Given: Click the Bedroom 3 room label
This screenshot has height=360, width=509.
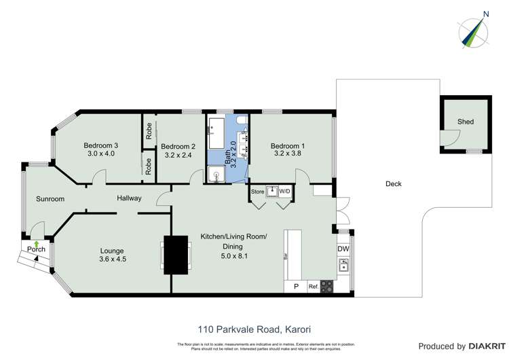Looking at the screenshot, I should (101, 145).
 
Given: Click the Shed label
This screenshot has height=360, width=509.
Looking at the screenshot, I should (465, 122).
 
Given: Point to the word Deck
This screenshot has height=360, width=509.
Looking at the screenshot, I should (394, 184).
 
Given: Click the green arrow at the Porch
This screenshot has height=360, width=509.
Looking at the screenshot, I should (35, 243).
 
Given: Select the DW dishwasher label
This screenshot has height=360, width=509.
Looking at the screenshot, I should (343, 249).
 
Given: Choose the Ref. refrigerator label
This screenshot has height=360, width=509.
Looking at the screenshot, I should (314, 287).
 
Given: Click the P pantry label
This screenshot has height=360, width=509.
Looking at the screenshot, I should (295, 287).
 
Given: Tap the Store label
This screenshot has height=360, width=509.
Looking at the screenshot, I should (257, 192).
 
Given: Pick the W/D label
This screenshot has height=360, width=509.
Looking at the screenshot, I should (284, 192).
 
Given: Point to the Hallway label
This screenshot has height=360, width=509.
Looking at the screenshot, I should (129, 198).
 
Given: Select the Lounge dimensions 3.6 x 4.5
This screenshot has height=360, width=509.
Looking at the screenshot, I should (113, 259).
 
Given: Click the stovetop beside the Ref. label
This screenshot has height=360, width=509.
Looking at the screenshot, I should (327, 287).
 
